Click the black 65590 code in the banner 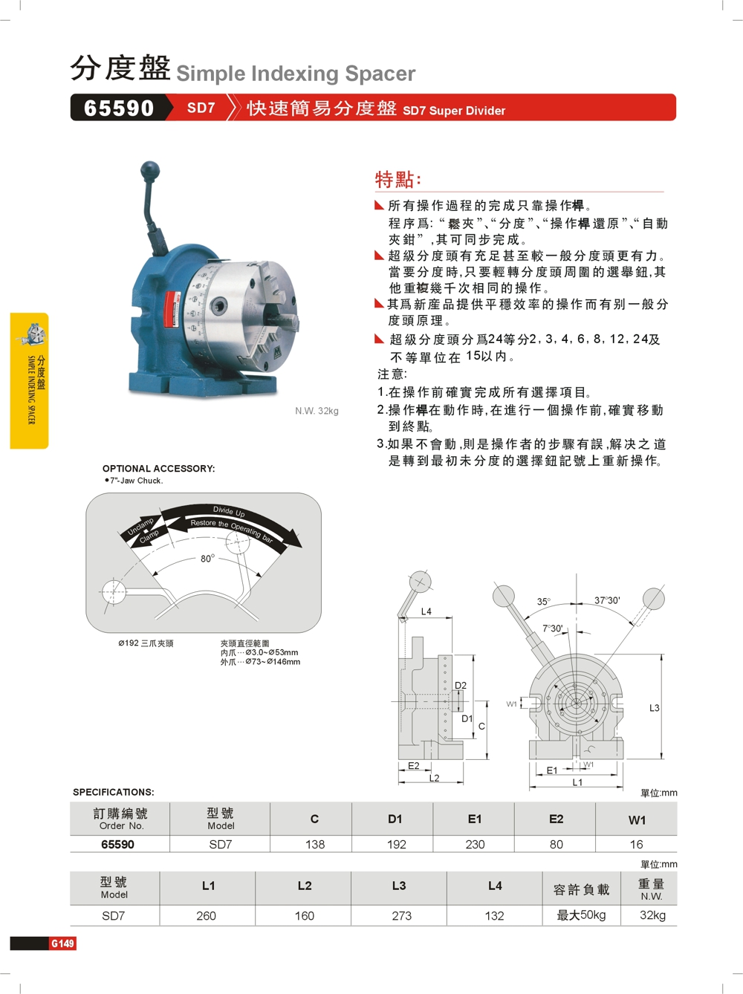coord(119,108)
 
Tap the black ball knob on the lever coord(150,170)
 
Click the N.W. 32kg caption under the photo coord(317,411)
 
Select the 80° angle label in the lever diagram coord(207,559)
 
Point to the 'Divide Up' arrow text coord(229,511)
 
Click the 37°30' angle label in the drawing coord(607,600)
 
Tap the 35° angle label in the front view coord(544,602)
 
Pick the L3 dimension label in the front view coord(655,707)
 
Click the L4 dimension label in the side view coord(426,611)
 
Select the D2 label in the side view coord(461,685)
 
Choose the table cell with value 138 coord(315,844)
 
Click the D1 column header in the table coord(395,819)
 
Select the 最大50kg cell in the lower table coord(581,915)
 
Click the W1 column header coord(637,819)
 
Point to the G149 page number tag coord(62,943)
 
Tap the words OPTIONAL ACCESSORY coord(158,468)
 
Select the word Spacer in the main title coord(380,74)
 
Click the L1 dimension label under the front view coord(577,782)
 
